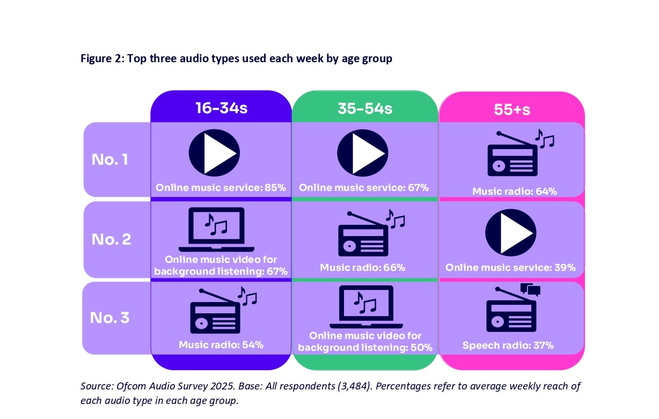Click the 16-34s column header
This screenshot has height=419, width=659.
click(x=221, y=108)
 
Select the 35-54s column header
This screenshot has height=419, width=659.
click(x=365, y=108)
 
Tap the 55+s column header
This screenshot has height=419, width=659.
click(x=512, y=109)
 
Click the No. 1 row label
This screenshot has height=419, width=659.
click(x=109, y=159)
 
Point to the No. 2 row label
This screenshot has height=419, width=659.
click(x=111, y=239)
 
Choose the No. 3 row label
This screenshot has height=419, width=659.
click(x=109, y=318)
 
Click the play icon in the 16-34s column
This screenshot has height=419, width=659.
click(x=214, y=153)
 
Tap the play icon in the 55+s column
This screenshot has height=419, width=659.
click(x=511, y=233)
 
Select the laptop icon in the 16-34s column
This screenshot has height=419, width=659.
click(x=216, y=229)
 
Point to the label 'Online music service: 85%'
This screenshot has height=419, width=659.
click(x=221, y=188)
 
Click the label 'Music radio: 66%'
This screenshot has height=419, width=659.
click(x=362, y=268)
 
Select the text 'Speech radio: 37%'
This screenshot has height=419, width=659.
click(x=508, y=345)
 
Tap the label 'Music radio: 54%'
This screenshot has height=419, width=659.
click(x=221, y=344)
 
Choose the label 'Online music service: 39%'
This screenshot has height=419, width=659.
click(x=510, y=268)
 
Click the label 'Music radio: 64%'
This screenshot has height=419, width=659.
click(x=515, y=192)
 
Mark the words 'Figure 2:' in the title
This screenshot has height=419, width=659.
click(x=102, y=58)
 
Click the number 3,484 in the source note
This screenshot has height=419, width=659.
click(x=354, y=386)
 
